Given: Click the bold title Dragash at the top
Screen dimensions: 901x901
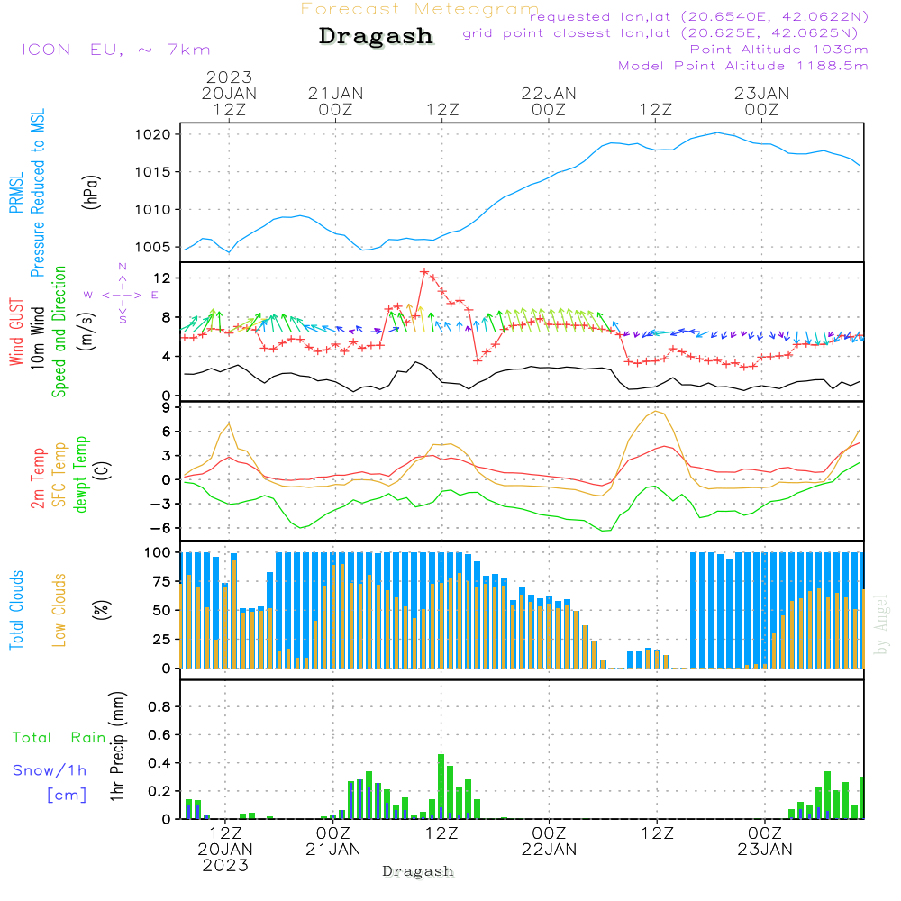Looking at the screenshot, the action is coord(376,36).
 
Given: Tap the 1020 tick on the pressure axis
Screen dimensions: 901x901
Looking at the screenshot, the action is coord(153,135).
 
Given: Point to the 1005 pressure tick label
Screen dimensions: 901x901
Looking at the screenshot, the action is coord(153,248).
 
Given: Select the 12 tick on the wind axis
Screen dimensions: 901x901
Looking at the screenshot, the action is coord(162,278).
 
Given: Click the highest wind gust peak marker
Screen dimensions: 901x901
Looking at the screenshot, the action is coord(424,272).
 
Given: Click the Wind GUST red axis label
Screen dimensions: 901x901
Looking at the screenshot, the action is coord(16,332).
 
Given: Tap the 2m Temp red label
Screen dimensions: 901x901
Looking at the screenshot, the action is coord(37,478).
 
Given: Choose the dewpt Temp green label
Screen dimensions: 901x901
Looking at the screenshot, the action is coord(80,474).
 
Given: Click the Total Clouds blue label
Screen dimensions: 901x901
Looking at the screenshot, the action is coord(16,610).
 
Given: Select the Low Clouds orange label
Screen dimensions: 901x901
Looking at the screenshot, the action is coord(59,610).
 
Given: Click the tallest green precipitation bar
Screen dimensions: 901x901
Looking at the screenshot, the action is coord(441,786).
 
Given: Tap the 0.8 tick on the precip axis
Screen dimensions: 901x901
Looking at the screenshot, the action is coord(159,706).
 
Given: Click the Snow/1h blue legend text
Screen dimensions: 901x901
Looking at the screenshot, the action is coord(50,770).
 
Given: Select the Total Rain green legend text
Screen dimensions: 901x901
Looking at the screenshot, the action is coord(59,738).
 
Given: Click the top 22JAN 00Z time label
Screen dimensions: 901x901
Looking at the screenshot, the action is coord(549,102).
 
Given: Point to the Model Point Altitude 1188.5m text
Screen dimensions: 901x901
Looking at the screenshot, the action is coord(743,66).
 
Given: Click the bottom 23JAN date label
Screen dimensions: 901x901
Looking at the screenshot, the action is coord(765,850).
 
